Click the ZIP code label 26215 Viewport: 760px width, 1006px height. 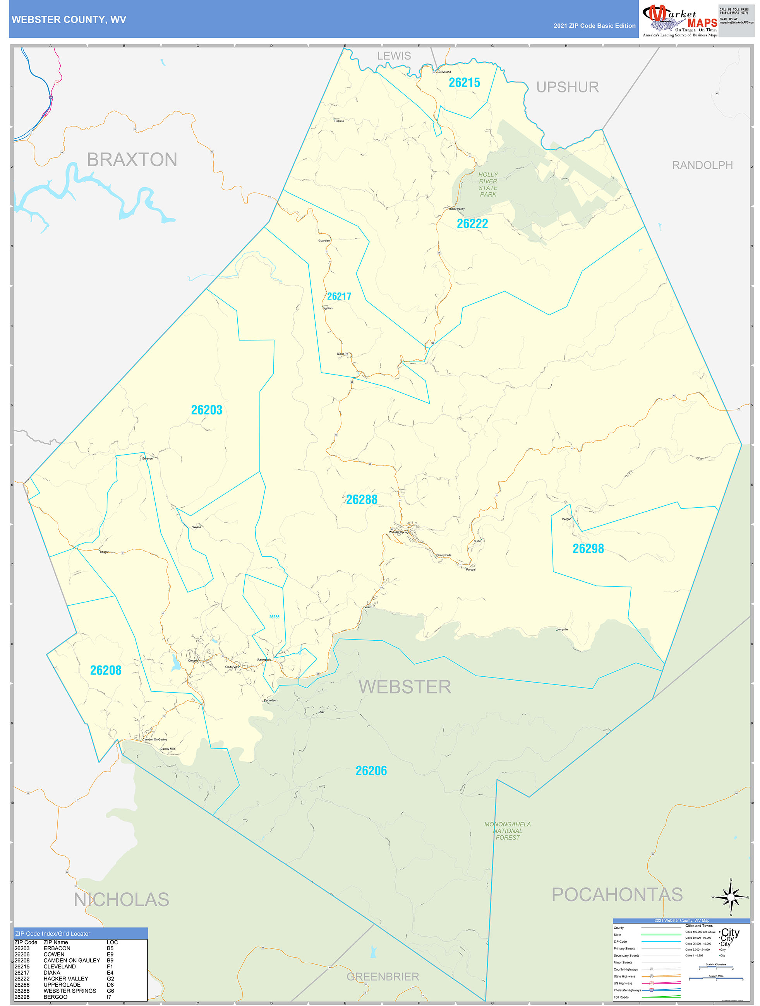(x=464, y=83)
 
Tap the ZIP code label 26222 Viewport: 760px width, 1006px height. (x=472, y=224)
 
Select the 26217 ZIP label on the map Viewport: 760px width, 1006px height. (x=339, y=296)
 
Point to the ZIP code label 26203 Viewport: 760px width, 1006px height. (x=207, y=410)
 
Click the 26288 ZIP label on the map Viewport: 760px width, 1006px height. (x=362, y=500)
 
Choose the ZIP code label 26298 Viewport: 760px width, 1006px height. (x=588, y=549)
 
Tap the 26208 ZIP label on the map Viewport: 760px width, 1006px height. (x=106, y=671)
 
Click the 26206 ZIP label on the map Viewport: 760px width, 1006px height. (x=371, y=771)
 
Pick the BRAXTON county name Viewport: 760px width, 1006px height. (x=132, y=160)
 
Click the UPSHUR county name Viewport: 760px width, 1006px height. (x=568, y=87)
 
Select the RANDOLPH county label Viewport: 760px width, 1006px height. (x=702, y=166)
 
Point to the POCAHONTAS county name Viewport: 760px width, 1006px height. (x=617, y=895)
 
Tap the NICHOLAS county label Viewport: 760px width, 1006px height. (x=122, y=900)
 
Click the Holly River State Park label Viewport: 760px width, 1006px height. (x=488, y=184)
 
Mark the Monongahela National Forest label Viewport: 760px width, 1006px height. (x=508, y=830)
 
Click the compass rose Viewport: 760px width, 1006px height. (x=731, y=897)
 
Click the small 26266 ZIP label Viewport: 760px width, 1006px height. (x=274, y=617)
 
